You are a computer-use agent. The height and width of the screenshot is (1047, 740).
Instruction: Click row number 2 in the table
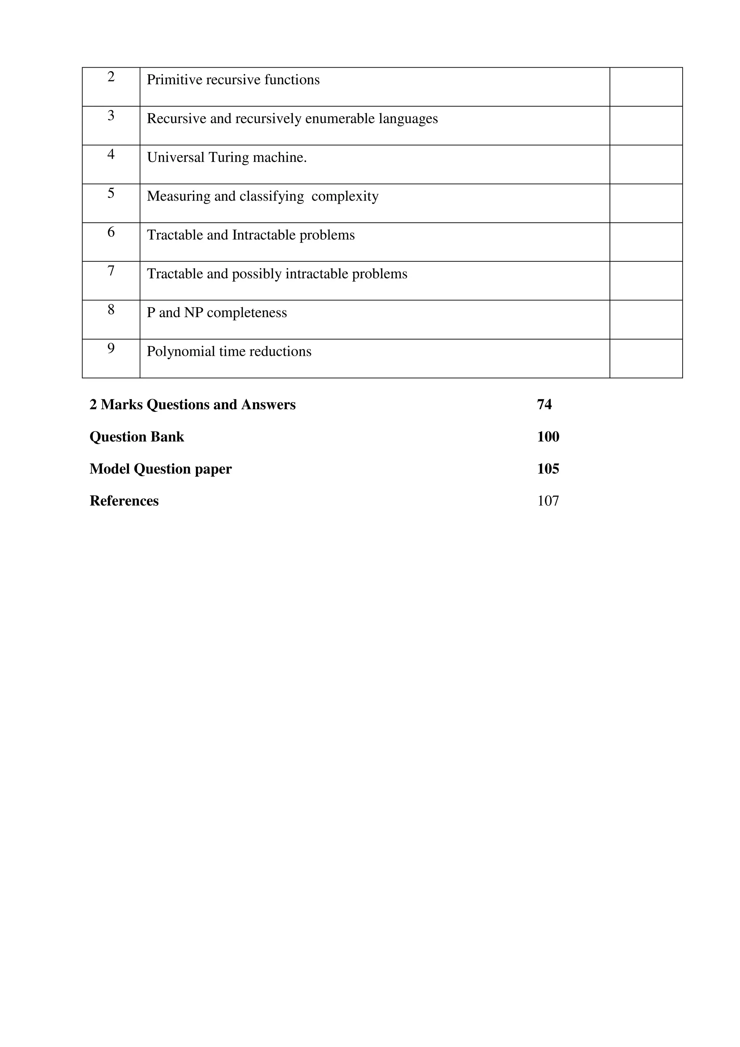111,77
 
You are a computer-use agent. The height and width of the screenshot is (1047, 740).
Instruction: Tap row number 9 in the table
111,349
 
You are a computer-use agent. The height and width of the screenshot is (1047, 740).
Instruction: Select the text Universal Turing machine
227,157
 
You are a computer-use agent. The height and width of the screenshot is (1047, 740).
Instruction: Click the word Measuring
178,196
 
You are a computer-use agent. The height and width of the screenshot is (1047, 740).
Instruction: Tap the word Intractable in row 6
262,235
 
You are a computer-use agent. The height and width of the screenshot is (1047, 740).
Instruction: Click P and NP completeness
216,313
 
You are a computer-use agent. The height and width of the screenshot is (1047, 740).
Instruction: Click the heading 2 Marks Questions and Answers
192,405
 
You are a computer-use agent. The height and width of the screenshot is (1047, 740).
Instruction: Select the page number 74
544,405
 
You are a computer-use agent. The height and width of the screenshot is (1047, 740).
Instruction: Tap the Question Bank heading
137,437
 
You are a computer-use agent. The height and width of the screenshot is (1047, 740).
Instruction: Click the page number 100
548,437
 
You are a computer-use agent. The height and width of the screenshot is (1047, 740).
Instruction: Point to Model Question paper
160,469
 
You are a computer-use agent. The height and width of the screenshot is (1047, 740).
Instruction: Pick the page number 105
548,469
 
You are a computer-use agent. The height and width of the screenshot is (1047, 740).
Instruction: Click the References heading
124,501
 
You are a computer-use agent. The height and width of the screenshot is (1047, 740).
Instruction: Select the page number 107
548,501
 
